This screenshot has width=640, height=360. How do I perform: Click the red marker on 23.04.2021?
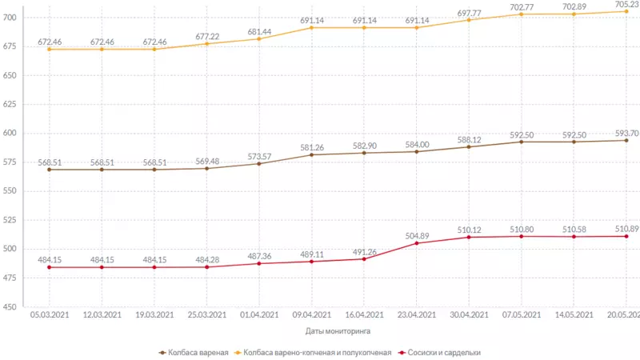click(417, 243)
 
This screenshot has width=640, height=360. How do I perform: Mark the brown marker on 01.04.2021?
click(259, 163)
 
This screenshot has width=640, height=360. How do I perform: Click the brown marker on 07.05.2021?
click(522, 142)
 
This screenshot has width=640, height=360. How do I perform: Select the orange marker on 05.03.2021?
click(50, 50)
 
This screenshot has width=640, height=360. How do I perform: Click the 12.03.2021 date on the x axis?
click(102, 315)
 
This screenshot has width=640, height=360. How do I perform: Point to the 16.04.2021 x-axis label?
click(364, 315)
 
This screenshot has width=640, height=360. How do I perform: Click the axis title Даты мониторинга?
click(338, 330)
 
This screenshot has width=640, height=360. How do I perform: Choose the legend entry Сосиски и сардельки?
click(443, 352)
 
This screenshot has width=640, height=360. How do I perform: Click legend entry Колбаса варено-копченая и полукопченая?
click(318, 352)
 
